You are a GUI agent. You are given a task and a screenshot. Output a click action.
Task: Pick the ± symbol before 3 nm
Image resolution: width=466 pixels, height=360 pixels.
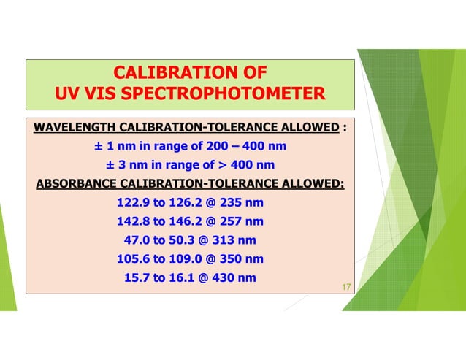(x=110, y=164)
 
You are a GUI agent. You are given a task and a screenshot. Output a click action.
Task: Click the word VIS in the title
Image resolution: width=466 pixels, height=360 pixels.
(x=98, y=94)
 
